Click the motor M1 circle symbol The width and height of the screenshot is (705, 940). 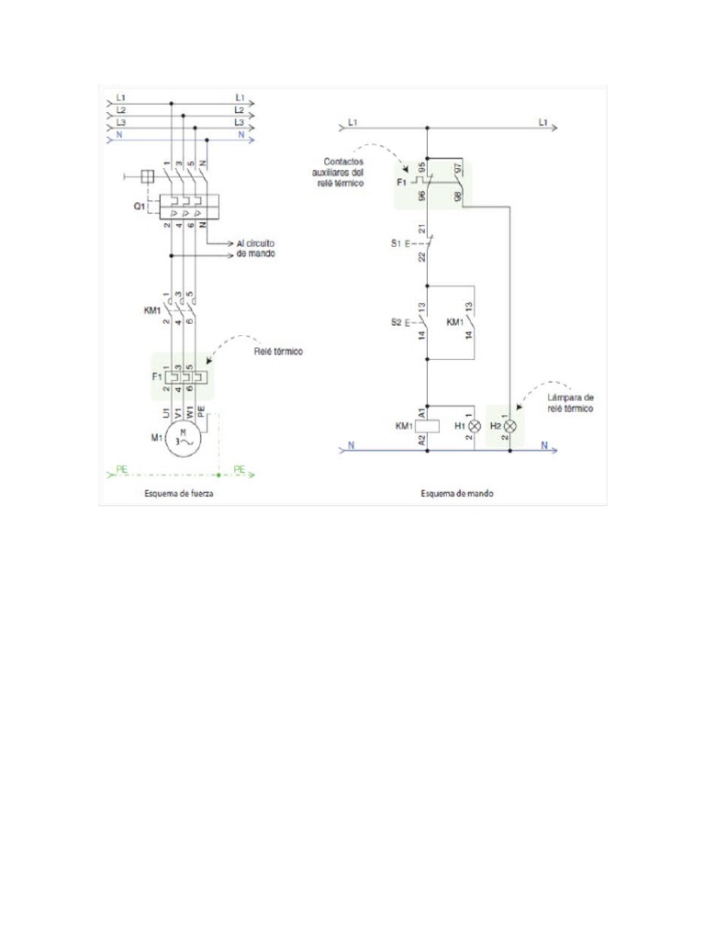point(184,442)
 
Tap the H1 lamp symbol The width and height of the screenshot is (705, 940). point(475,427)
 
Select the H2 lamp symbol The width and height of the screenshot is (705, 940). point(511,427)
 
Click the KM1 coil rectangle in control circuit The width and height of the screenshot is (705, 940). point(428,427)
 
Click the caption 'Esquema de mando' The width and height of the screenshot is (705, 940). point(457,493)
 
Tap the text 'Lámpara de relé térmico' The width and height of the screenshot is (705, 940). point(570,402)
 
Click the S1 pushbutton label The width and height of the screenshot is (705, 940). point(397,243)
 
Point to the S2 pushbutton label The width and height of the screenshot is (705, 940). point(397,323)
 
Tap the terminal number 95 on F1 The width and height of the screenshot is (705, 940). point(420,168)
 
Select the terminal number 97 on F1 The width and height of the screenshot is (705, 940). point(458,168)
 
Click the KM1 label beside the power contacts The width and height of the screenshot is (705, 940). point(151,310)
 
